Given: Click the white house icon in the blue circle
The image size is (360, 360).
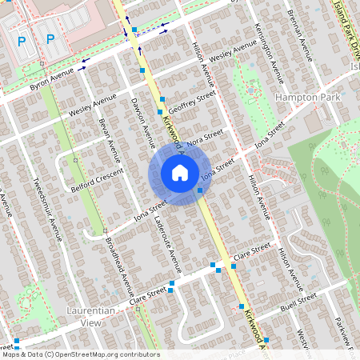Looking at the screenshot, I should click(x=180, y=173).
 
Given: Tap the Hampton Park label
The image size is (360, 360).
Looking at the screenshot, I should click(x=308, y=96).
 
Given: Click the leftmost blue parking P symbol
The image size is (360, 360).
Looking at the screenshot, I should click(x=22, y=40).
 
